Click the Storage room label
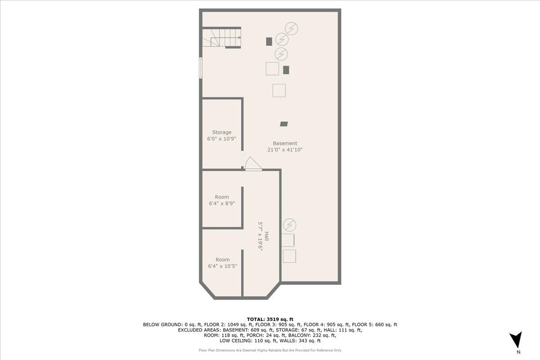click(x=221, y=132)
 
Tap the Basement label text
click(x=285, y=143)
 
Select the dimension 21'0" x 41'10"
click(x=285, y=150)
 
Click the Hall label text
click(x=266, y=236)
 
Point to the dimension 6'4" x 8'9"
click(x=222, y=203)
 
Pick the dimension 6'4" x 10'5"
click(x=222, y=266)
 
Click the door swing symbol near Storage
click(x=253, y=163)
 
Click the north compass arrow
click(x=517, y=339)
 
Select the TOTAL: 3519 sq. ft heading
click(x=270, y=319)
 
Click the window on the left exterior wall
click(x=201, y=68)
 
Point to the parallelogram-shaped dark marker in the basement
click(x=284, y=124)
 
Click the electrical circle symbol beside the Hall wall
click(x=289, y=225)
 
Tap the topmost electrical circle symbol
click(x=291, y=28)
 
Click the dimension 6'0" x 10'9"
click(x=221, y=139)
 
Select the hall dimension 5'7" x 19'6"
click(x=260, y=236)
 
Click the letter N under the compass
click(x=518, y=352)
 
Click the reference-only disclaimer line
click(x=270, y=350)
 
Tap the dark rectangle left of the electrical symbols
click(x=269, y=41)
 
